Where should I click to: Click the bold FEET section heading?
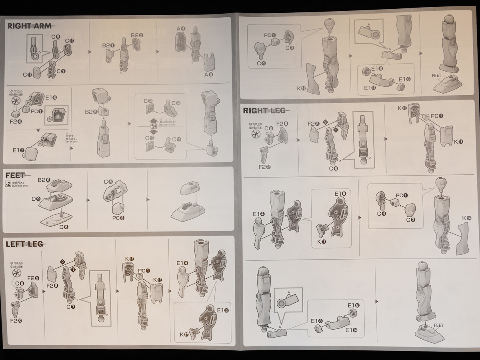coord(15,175)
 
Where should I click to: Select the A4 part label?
coord(181,28)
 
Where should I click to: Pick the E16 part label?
coord(51,97)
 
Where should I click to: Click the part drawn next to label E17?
coord(31,153)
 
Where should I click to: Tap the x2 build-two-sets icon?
coord(8,184)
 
